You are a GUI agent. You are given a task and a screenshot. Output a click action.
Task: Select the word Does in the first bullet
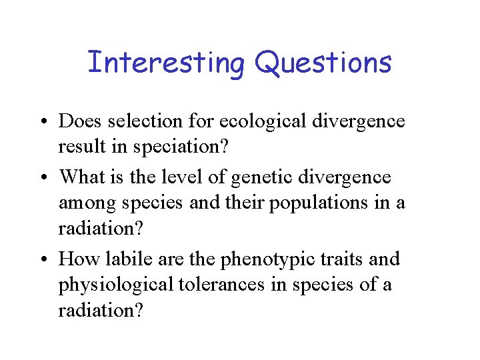[x=79, y=121]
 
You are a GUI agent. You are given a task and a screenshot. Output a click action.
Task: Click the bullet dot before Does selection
[x=45, y=122]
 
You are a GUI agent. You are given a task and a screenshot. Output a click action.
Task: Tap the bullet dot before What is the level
[x=45, y=178]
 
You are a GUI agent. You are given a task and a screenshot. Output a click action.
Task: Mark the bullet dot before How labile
[x=45, y=259]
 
